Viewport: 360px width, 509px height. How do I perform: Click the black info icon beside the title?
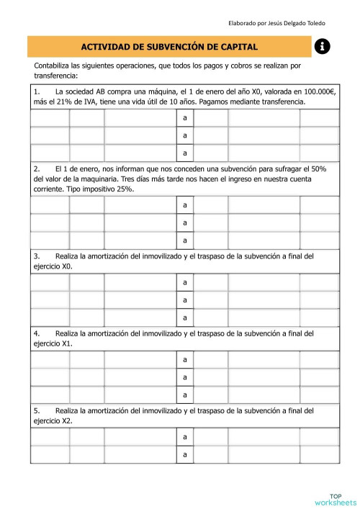click(x=322, y=47)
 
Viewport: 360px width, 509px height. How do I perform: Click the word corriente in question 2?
click(x=49, y=189)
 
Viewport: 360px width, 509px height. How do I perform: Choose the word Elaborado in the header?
click(x=243, y=24)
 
